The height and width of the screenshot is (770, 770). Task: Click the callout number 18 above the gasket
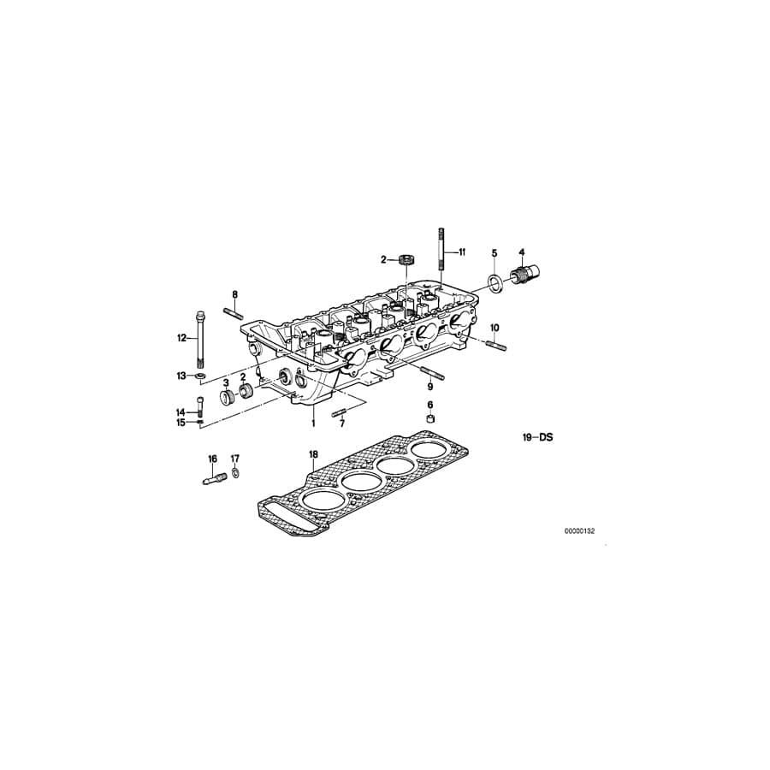click(x=313, y=453)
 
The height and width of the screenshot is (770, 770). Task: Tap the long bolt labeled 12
click(x=200, y=338)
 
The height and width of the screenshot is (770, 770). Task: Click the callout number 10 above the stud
click(x=494, y=328)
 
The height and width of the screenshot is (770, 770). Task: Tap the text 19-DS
click(x=539, y=437)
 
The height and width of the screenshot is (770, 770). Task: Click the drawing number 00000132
click(x=579, y=531)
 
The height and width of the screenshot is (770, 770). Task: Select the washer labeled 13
click(x=200, y=376)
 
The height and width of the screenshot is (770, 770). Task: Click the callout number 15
click(x=181, y=422)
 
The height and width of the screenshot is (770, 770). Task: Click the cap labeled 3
click(x=228, y=399)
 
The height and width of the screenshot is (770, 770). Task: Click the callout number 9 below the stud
click(x=430, y=388)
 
